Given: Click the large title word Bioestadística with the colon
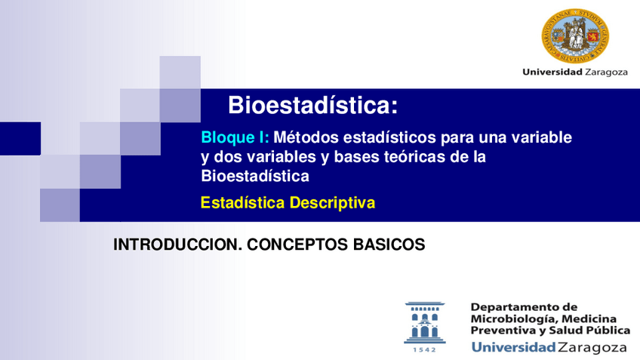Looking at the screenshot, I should [x=312, y=105].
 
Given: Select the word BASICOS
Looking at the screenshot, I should [x=393, y=245].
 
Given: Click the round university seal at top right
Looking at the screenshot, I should [x=575, y=35].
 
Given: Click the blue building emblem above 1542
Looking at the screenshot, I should [x=425, y=322].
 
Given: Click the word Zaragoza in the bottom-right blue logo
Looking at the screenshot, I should [x=592, y=348].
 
